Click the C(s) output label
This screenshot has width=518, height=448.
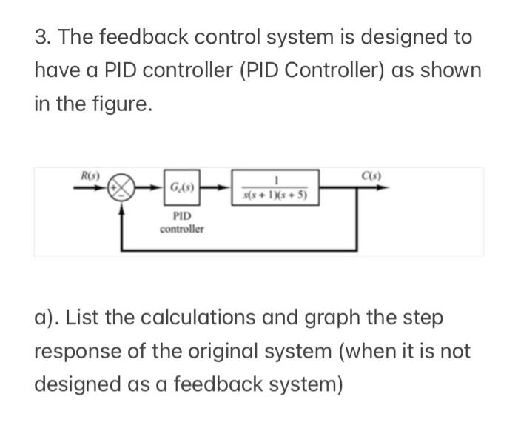[372, 176]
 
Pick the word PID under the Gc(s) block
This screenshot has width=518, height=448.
[181, 217]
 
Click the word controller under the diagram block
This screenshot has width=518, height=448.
[182, 229]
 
